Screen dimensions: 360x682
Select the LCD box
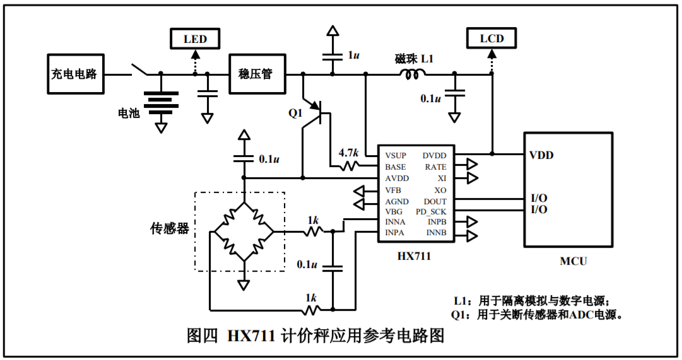(x=491, y=39)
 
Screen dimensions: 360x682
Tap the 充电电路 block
(x=74, y=74)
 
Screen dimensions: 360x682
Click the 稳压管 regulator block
(x=256, y=74)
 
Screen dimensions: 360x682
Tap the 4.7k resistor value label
(x=348, y=153)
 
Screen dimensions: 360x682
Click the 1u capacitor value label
(x=353, y=55)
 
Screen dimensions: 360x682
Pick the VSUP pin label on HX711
(x=396, y=156)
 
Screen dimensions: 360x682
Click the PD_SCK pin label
(x=431, y=212)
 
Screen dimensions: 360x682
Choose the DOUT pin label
(x=435, y=201)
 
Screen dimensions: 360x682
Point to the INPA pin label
(x=396, y=233)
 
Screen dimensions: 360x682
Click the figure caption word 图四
(x=203, y=336)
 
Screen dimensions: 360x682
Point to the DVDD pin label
(x=434, y=156)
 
